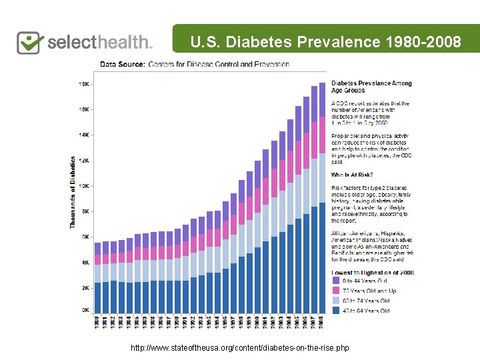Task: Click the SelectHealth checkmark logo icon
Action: pos(30,42)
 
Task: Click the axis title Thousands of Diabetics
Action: pos(73,193)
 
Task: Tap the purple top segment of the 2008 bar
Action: pos(322,99)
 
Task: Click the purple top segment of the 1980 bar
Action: pos(97,248)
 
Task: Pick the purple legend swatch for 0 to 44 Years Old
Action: pos(336,281)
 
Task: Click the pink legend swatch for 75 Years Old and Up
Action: pos(336,291)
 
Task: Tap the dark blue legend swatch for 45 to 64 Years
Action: pos(336,311)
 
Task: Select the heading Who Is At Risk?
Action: pos(351,175)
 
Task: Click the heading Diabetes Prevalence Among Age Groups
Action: pos(371,87)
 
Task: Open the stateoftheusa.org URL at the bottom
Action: pos(240,348)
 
